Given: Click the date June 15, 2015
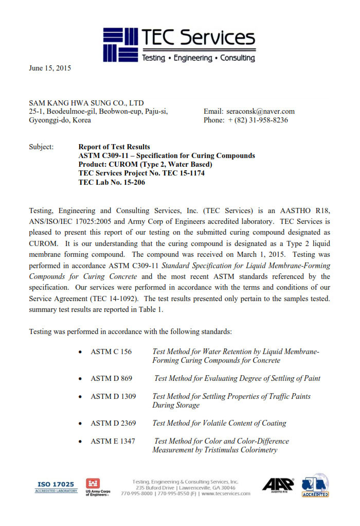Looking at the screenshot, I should tap(50, 68).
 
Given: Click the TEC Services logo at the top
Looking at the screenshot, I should tap(179, 45).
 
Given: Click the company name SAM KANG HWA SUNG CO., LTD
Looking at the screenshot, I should tap(86, 102).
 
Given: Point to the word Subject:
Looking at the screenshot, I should tap(41, 147).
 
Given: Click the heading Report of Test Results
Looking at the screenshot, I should tap(114, 147).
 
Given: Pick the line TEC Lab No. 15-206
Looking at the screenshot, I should tap(112, 182).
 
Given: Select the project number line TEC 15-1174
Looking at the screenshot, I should tap(141, 173).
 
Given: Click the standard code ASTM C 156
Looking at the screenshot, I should tap(111, 352).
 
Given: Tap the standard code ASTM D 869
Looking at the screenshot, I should tap(111, 378).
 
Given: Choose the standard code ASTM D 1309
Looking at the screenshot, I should tap(113, 396).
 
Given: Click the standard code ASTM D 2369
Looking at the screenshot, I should tap(113, 423).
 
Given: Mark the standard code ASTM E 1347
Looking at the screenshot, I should tap(113, 441).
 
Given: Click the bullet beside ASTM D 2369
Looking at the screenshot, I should tap(80, 424).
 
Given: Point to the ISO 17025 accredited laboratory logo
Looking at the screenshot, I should tap(55, 486).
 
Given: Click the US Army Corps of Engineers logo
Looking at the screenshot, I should tap(98, 487).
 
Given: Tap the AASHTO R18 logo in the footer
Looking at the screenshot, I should tap(278, 485).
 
